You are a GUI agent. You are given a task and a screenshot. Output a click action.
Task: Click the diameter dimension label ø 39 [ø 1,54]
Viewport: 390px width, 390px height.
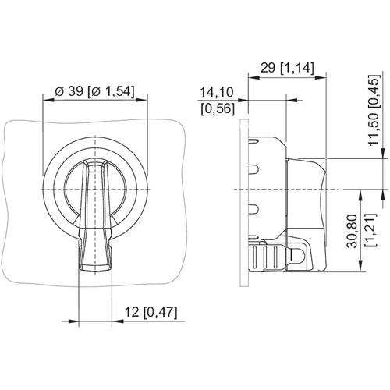tap(95, 92)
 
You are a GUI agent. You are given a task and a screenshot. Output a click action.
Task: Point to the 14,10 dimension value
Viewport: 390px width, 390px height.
tap(217, 93)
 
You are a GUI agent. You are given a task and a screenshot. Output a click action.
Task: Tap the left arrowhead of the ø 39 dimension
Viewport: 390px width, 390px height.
tap(48, 100)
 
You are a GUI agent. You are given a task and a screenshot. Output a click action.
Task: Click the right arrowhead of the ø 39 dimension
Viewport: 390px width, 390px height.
tap(141, 100)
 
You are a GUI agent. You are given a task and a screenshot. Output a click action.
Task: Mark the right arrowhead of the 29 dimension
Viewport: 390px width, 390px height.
tap(321, 77)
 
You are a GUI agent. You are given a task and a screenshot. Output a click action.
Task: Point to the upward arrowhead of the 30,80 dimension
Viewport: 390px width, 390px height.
tap(361, 195)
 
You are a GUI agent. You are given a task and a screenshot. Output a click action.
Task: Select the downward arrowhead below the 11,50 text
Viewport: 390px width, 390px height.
tap(383, 153)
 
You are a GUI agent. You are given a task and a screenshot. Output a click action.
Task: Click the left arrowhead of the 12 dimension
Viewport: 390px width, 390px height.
tap(73, 321)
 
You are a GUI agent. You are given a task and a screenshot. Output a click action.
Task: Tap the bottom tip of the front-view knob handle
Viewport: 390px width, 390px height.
tap(95, 271)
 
